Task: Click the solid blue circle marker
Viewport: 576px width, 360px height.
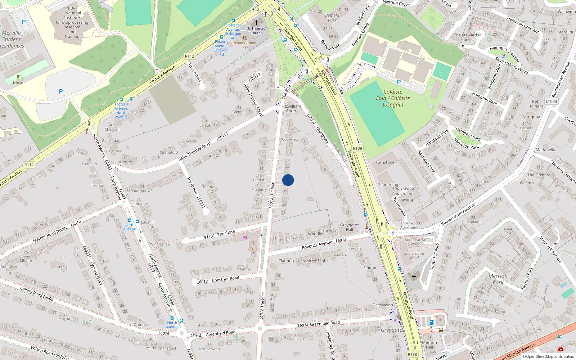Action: (x=288, y=180)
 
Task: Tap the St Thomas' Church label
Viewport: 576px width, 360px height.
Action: (x=256, y=31)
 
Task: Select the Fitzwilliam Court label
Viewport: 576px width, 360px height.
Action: (x=291, y=108)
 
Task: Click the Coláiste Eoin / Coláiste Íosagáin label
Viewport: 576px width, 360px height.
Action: (x=393, y=98)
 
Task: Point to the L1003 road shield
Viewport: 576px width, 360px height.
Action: (x=551, y=102)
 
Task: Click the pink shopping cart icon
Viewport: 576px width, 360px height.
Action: (x=245, y=237)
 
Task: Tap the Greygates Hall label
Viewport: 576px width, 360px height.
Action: (x=349, y=227)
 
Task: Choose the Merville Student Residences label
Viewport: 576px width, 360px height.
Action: (x=12, y=39)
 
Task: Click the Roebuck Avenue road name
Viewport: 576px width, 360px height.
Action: (x=317, y=245)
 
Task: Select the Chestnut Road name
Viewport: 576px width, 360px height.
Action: (x=225, y=279)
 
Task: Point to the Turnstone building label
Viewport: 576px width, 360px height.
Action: (x=385, y=162)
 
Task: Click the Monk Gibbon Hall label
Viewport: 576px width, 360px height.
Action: (x=245, y=45)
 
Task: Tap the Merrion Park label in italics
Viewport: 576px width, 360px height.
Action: (x=498, y=279)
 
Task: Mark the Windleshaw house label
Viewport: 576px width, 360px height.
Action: (x=160, y=244)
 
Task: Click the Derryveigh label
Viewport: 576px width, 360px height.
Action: (x=383, y=305)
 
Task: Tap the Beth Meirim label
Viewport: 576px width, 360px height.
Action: (x=536, y=104)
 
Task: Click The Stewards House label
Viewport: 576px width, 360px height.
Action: (x=466, y=37)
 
